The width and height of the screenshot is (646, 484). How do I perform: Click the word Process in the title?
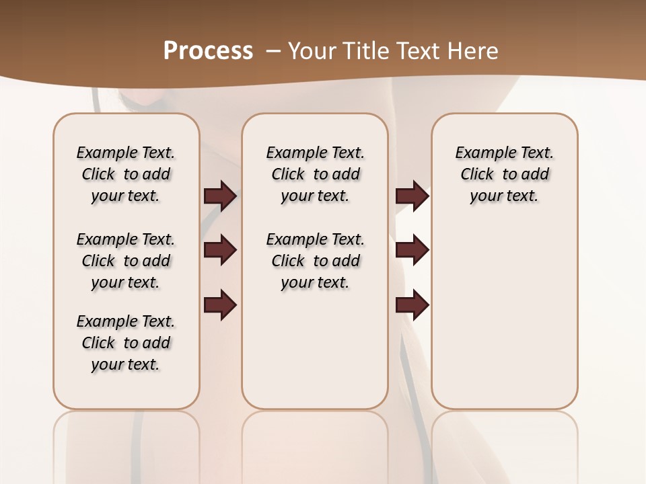pos(208,50)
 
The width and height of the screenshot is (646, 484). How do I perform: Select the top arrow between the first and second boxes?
pos(220,196)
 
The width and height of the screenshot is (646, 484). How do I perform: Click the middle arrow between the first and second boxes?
pos(220,250)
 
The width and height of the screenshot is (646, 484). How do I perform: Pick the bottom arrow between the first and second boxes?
pos(220,306)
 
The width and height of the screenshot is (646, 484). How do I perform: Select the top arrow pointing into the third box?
pos(412,196)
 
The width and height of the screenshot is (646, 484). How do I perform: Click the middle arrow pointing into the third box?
pos(412,250)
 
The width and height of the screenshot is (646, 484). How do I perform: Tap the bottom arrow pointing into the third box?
pos(412,306)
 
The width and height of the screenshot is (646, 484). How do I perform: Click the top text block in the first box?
pos(126,174)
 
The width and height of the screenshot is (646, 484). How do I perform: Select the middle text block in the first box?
pos(126,261)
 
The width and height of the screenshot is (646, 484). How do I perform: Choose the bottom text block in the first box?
pos(126,343)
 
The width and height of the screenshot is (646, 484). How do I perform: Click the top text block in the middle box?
pos(315,174)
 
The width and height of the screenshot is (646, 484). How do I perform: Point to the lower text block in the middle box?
pos(315,261)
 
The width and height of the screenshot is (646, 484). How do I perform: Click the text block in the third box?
pos(504,174)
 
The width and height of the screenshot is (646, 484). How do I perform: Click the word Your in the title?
pos(311,50)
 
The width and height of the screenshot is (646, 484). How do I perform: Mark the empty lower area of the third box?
pos(504,309)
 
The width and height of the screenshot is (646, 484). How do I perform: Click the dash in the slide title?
pos(274,50)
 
